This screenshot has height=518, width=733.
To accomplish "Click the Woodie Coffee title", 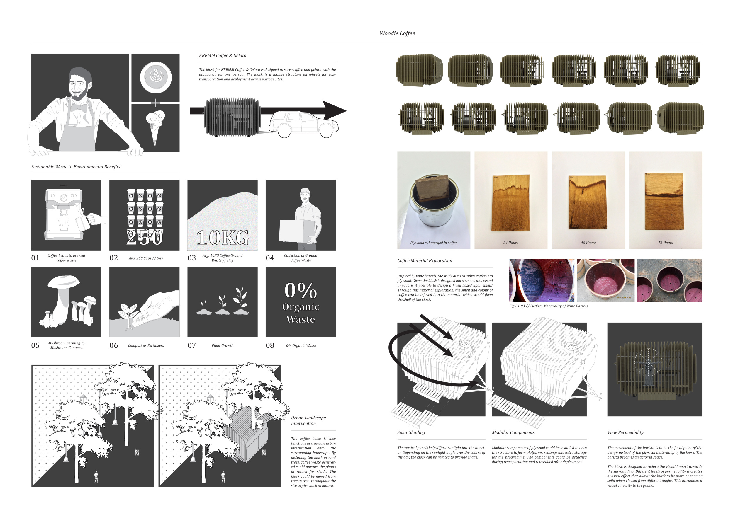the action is (397, 33).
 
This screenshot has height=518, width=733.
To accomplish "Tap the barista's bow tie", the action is (79, 108).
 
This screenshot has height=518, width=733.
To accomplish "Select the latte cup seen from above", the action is (156, 77).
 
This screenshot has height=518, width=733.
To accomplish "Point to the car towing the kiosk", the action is (303, 125).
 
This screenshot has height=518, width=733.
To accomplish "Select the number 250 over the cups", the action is (144, 237).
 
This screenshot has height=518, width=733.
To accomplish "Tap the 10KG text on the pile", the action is (223, 238).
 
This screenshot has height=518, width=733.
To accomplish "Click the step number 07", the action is (191, 345).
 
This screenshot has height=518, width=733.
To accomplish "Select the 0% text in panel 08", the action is (301, 291).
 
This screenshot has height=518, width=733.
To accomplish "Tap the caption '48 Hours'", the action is (588, 243).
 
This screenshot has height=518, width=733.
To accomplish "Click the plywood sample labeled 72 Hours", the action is (664, 201).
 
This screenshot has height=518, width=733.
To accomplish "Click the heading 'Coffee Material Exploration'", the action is (425, 260).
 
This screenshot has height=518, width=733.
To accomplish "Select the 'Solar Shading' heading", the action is (411, 432).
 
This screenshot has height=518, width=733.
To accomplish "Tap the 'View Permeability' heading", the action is (625, 432).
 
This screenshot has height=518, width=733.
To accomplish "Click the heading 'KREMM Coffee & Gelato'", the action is (223, 55).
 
